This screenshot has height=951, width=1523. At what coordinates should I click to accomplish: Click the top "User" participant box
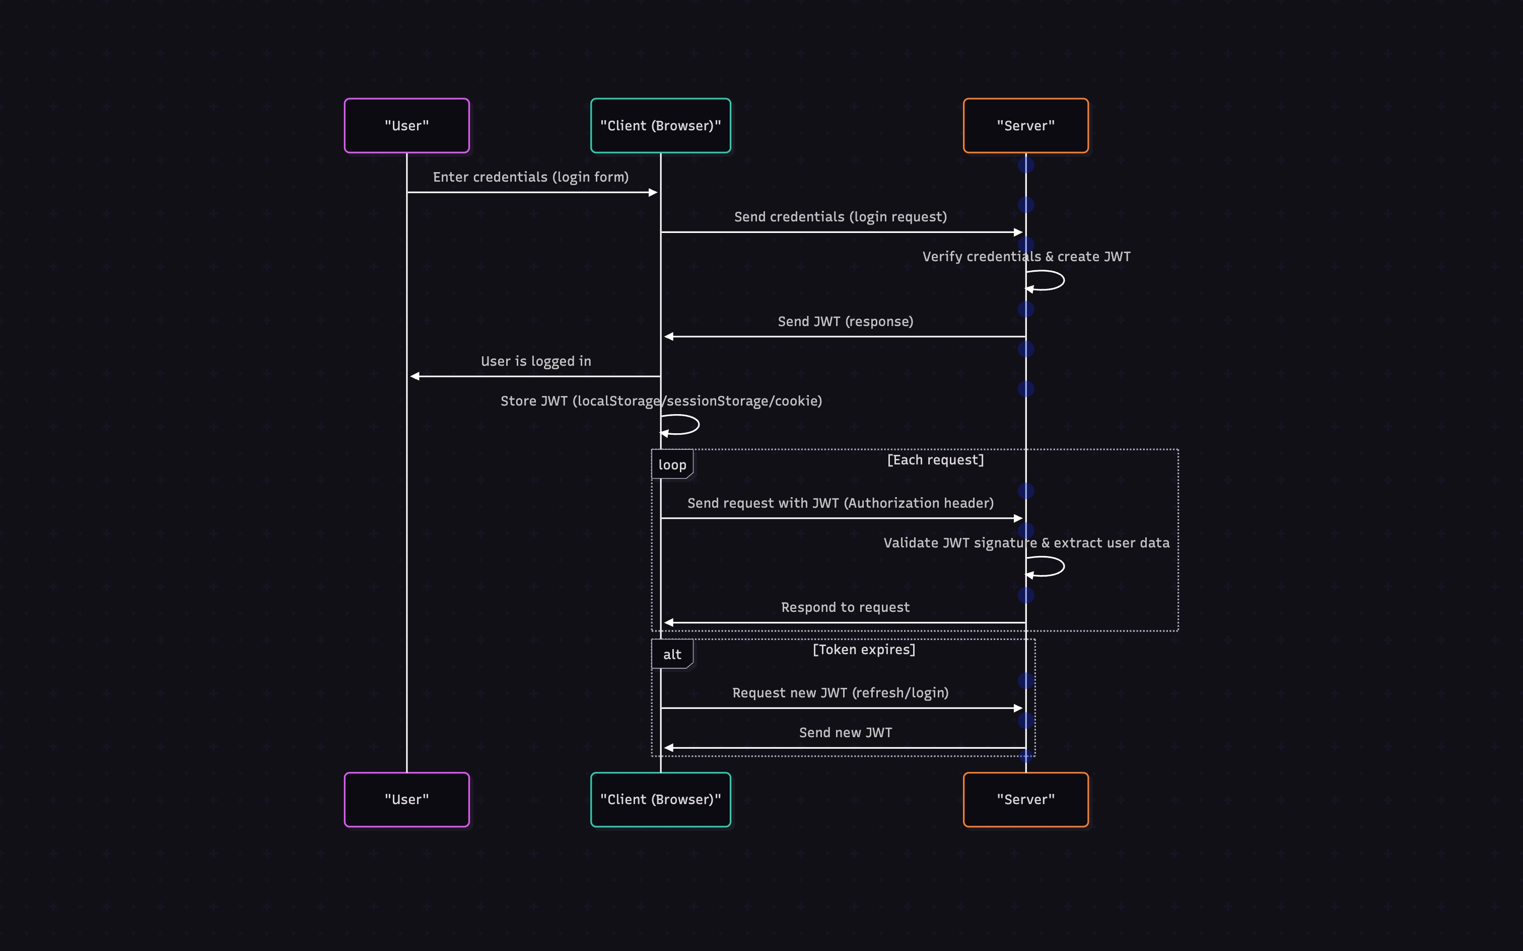pyautogui.click(x=406, y=126)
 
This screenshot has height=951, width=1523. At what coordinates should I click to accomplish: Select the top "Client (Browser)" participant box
pyautogui.click(x=660, y=126)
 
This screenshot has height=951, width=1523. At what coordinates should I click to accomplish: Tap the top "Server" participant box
pyautogui.click(x=1025, y=126)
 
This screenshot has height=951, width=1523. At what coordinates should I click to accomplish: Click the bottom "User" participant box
pyautogui.click(x=406, y=800)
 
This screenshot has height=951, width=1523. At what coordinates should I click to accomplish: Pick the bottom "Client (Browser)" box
pyautogui.click(x=660, y=800)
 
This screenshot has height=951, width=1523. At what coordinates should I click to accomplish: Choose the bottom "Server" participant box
pyautogui.click(x=1025, y=800)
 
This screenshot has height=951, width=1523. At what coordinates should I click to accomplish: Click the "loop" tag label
pyautogui.click(x=671, y=465)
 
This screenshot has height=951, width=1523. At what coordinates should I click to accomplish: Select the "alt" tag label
pyautogui.click(x=671, y=654)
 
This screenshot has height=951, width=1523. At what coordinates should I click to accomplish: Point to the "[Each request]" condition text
pyautogui.click(x=935, y=460)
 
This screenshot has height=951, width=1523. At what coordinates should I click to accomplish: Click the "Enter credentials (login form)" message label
pyautogui.click(x=530, y=177)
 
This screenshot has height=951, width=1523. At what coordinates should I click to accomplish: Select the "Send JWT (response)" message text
pyautogui.click(x=845, y=322)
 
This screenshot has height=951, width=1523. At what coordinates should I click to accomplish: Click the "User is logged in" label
pyautogui.click(x=535, y=361)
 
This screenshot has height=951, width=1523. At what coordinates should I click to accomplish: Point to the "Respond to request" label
pyautogui.click(x=845, y=607)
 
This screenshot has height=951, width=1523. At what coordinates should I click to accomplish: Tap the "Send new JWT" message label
pyautogui.click(x=845, y=732)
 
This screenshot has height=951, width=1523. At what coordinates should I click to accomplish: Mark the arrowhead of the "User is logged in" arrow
pyautogui.click(x=414, y=376)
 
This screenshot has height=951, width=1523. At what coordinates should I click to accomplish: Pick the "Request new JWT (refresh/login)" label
pyautogui.click(x=840, y=692)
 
